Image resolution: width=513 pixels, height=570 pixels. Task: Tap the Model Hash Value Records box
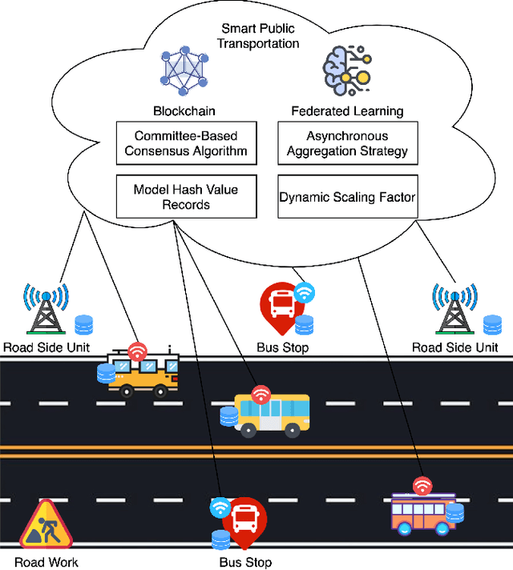click(186, 197)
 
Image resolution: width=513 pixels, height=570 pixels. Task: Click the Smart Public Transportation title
click(258, 36)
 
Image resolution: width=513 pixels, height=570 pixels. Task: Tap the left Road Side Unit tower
click(46, 307)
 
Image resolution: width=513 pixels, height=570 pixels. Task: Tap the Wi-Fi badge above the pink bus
click(422, 485)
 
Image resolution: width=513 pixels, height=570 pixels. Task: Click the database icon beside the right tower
click(491, 324)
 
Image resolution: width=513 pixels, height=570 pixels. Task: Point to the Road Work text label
click(46, 562)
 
